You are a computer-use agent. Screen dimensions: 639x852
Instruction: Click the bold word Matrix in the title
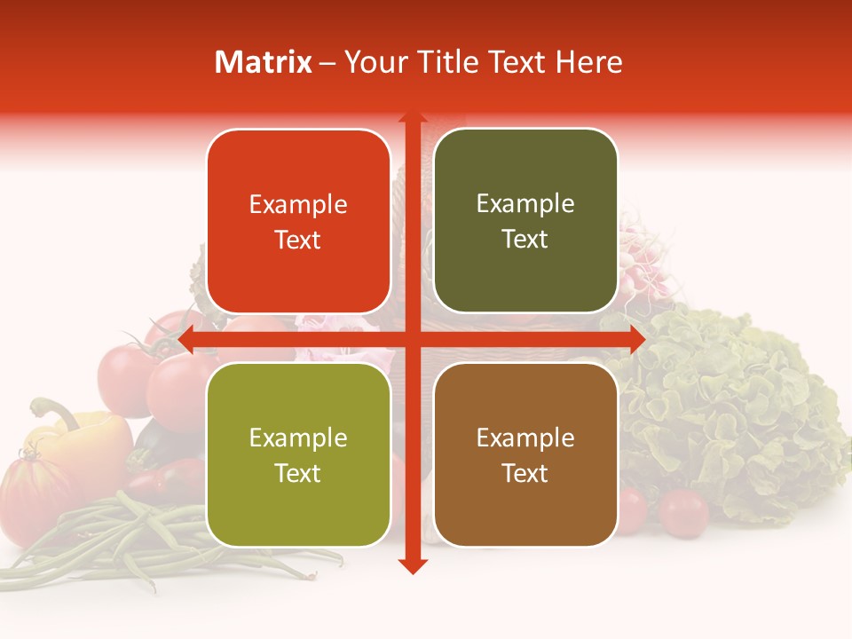point(264,62)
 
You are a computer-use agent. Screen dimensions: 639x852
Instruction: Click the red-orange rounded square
point(298,222)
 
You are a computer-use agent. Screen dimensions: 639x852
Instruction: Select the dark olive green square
point(525,221)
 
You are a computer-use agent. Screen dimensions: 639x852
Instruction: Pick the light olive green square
point(298,454)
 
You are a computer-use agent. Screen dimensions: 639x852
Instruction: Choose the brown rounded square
point(525,454)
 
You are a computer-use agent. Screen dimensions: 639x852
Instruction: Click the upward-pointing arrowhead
point(412,118)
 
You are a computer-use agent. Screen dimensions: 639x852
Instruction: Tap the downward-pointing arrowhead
point(412,565)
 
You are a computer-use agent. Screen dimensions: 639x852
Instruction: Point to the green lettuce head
point(737,408)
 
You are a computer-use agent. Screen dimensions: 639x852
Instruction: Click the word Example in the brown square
point(525,438)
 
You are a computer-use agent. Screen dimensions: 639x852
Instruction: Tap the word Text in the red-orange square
point(298,240)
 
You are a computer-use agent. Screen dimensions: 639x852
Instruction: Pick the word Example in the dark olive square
point(525,204)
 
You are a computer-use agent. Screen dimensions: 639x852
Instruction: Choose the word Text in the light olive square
point(298,473)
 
